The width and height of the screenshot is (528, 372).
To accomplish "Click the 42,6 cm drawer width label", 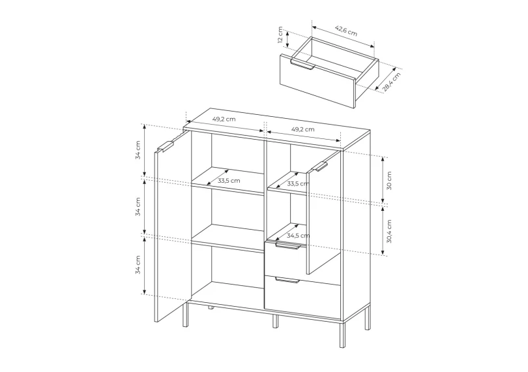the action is point(346,31).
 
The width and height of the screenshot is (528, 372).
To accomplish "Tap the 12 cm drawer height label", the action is point(280,35).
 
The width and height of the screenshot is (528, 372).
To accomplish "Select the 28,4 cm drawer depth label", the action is point(392,82).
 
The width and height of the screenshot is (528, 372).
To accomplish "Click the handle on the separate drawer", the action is point(302,65).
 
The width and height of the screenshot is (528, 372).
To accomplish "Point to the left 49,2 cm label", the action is point(224,119).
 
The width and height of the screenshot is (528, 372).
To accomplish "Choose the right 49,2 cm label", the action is point(302,129).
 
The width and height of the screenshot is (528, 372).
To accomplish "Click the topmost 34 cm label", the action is point(138,150).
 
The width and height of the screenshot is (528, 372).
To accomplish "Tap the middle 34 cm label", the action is point(138,207).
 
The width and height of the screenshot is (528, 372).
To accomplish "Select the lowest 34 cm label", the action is point(138,265).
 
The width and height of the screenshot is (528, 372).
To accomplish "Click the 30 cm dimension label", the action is point(389,181).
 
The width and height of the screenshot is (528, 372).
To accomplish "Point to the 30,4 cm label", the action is point(389,232).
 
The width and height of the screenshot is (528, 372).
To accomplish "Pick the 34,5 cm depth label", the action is point(299,236).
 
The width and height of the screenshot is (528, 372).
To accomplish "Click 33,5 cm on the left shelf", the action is point(229,180).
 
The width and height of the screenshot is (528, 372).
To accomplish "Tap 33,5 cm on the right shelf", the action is point(298,184).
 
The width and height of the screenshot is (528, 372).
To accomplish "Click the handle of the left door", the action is point(166,147).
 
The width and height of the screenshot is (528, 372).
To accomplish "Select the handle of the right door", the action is point(321,166).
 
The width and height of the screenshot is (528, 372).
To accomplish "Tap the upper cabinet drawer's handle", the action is point(287,246).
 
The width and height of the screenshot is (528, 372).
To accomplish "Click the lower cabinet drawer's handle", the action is point(287,280).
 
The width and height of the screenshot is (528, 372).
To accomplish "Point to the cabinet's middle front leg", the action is point(276,321).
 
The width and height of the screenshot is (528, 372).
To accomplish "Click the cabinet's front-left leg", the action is point(186,314).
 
